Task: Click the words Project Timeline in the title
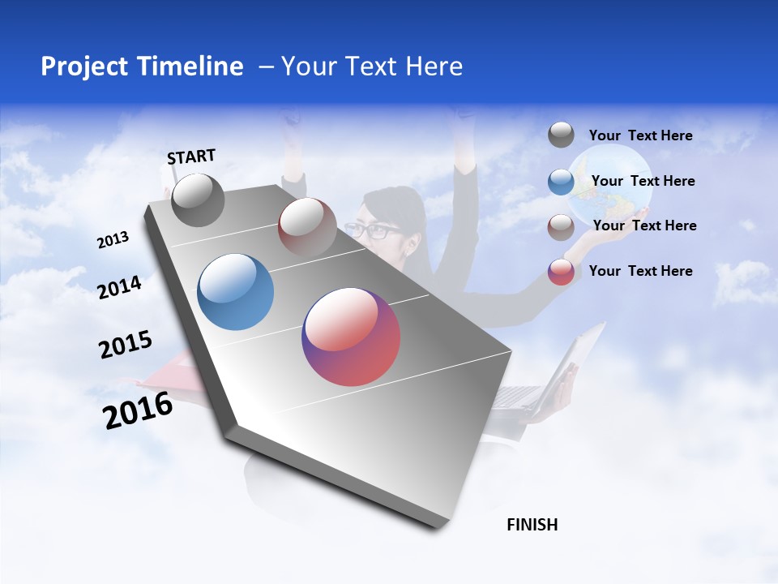coord(142,67)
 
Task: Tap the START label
coord(191,157)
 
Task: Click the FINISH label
coord(532,525)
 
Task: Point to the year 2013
coord(113,240)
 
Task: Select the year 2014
coord(119,287)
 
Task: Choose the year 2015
coord(126,344)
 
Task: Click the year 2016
coord(138,410)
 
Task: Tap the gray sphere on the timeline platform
coord(198,200)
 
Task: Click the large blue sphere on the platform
coord(236,292)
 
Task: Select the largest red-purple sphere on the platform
coord(351,337)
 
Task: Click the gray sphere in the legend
coord(561,135)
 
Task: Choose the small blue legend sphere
coord(561,182)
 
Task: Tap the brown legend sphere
coord(561,227)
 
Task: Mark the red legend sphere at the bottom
coord(561,272)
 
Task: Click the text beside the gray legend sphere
coord(640,136)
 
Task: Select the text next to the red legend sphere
coord(640,271)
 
